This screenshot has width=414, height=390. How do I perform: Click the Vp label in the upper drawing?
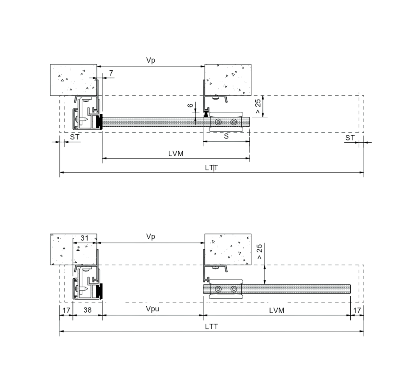150,60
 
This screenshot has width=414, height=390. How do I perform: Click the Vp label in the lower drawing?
150,236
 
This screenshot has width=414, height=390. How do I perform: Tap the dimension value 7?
111,73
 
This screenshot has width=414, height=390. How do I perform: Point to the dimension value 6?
190,105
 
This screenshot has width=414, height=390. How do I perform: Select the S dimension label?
226,136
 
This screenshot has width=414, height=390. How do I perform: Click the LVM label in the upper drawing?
176,154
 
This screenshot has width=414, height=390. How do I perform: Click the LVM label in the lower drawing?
277,310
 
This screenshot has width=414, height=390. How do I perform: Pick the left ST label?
75,137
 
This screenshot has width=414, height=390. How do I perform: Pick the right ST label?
350,138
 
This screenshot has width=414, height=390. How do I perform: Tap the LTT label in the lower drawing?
212,327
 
